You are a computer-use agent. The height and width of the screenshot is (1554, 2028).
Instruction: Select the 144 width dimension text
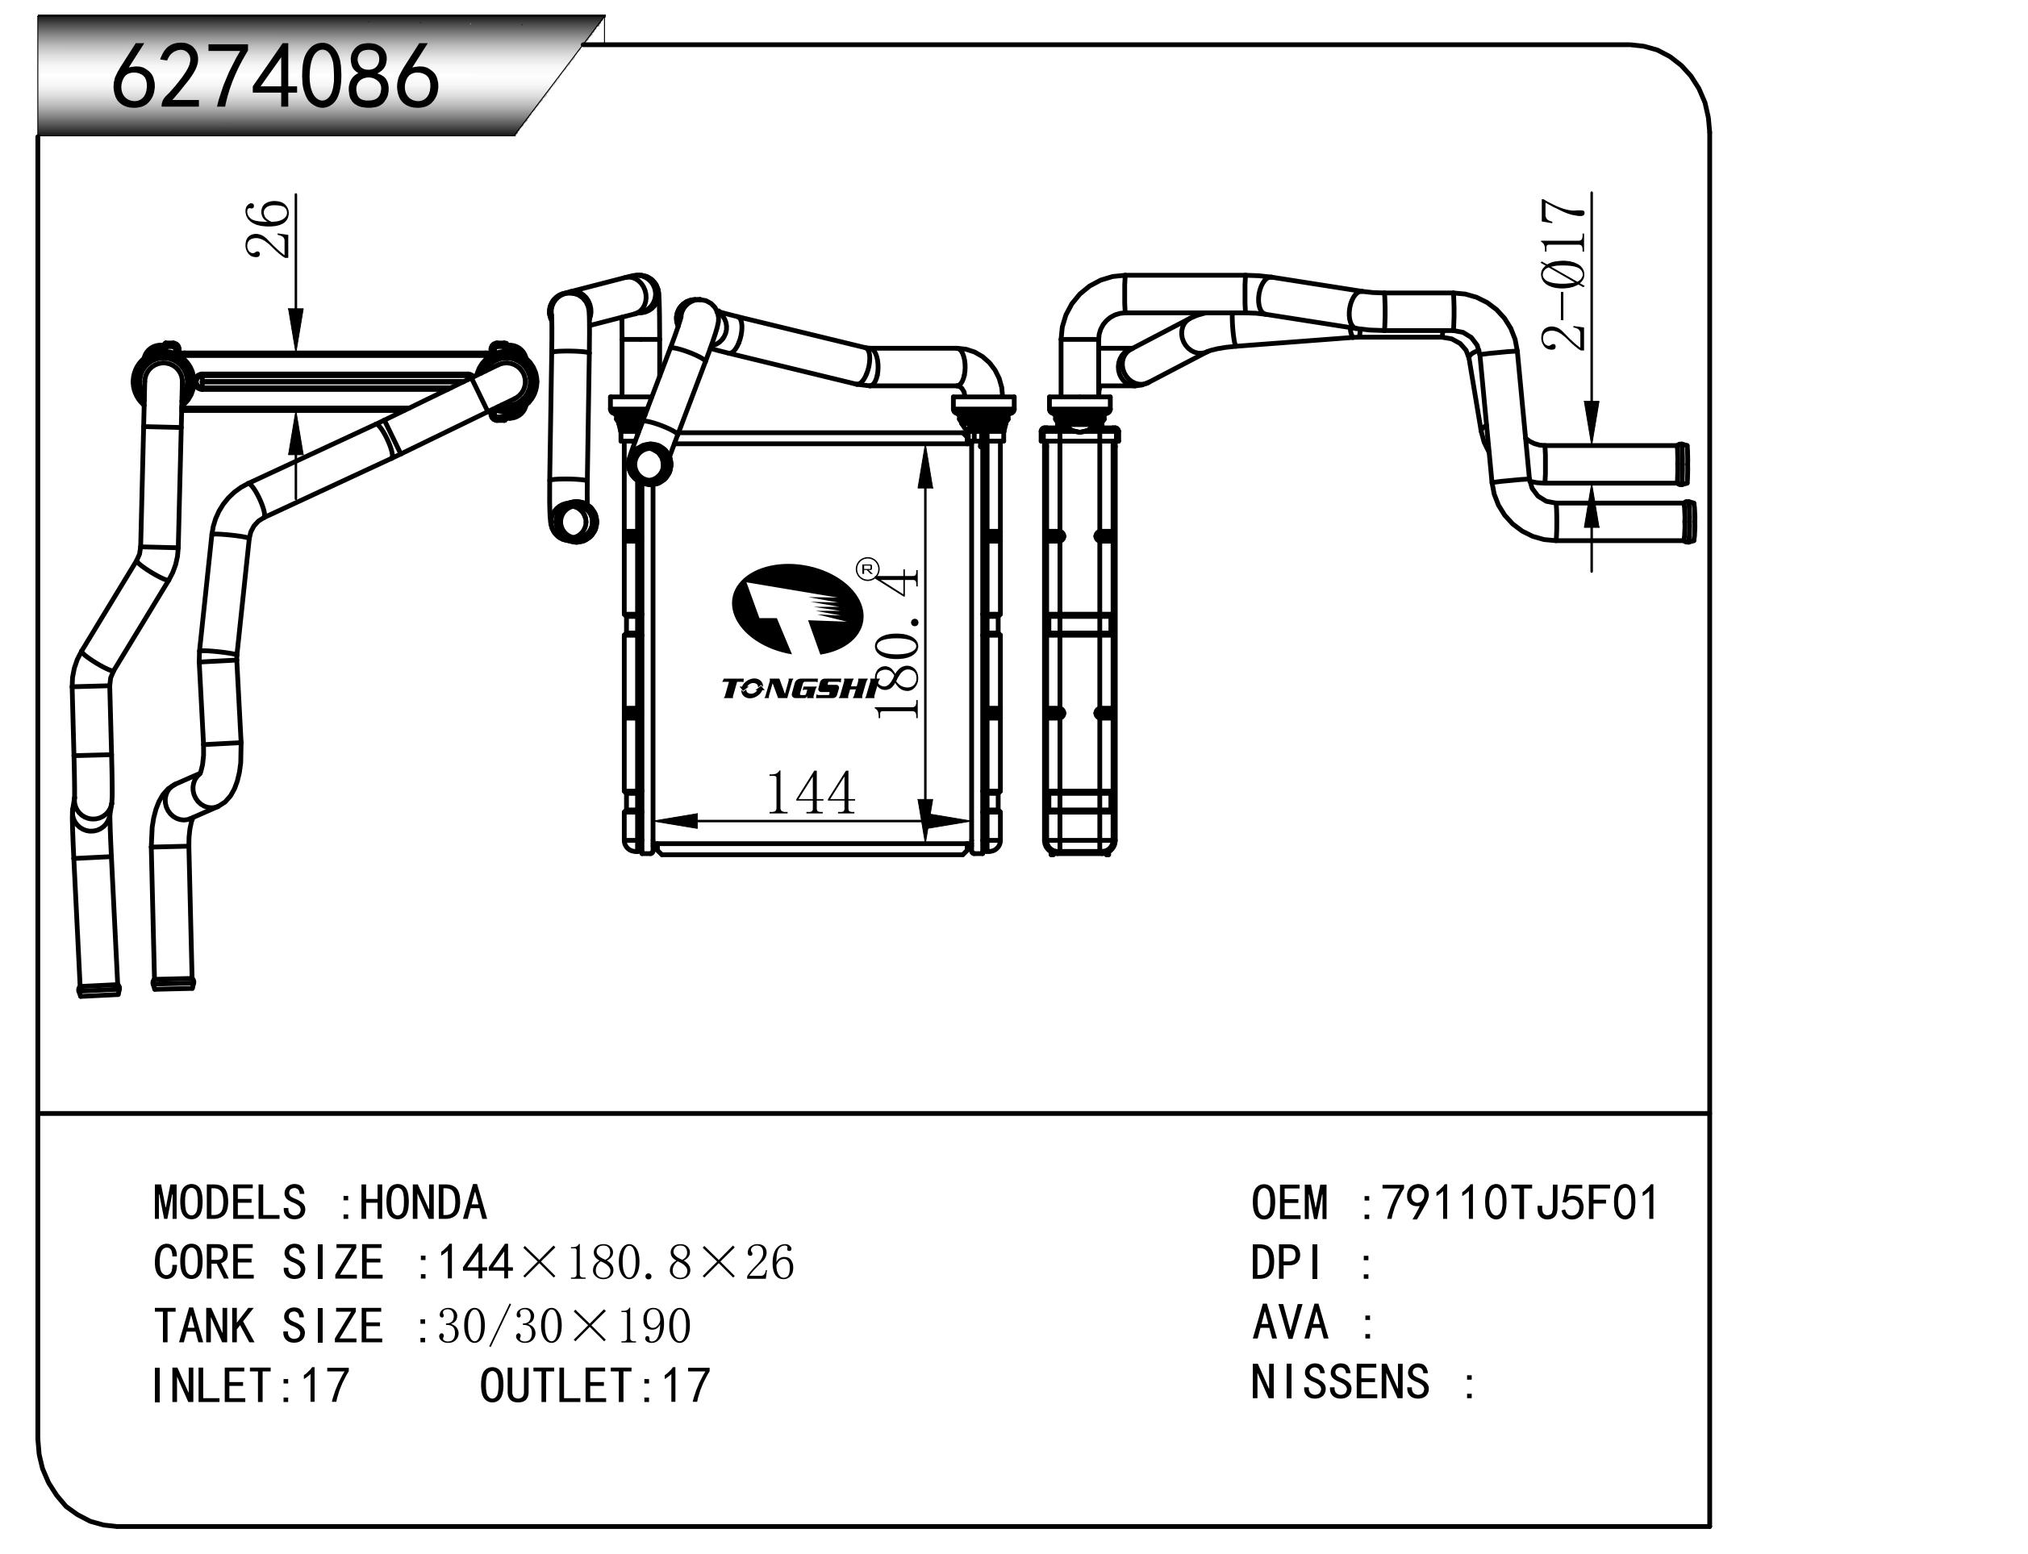[x=811, y=794]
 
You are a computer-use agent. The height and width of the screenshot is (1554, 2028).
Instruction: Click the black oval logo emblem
[x=796, y=609]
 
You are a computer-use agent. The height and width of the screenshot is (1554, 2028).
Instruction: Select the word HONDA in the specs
[x=423, y=1203]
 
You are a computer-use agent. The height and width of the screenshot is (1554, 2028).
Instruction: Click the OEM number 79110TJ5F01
[x=1520, y=1203]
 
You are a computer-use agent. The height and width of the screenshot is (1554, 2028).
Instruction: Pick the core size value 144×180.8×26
[x=615, y=1264]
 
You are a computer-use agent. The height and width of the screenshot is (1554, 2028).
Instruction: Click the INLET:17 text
[x=250, y=1385]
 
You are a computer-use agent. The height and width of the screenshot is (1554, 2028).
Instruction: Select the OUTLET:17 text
[x=594, y=1385]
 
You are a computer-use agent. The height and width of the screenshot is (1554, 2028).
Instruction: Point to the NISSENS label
[x=1339, y=1382]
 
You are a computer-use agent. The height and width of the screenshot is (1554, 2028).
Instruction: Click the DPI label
[x=1286, y=1264]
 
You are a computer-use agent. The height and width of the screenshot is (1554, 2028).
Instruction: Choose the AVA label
[x=1290, y=1323]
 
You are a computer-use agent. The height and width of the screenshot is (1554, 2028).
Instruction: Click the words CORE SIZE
[x=267, y=1264]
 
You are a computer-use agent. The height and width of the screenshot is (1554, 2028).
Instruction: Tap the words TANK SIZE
[x=267, y=1327]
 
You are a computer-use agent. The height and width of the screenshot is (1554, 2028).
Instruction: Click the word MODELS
[x=229, y=1203]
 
